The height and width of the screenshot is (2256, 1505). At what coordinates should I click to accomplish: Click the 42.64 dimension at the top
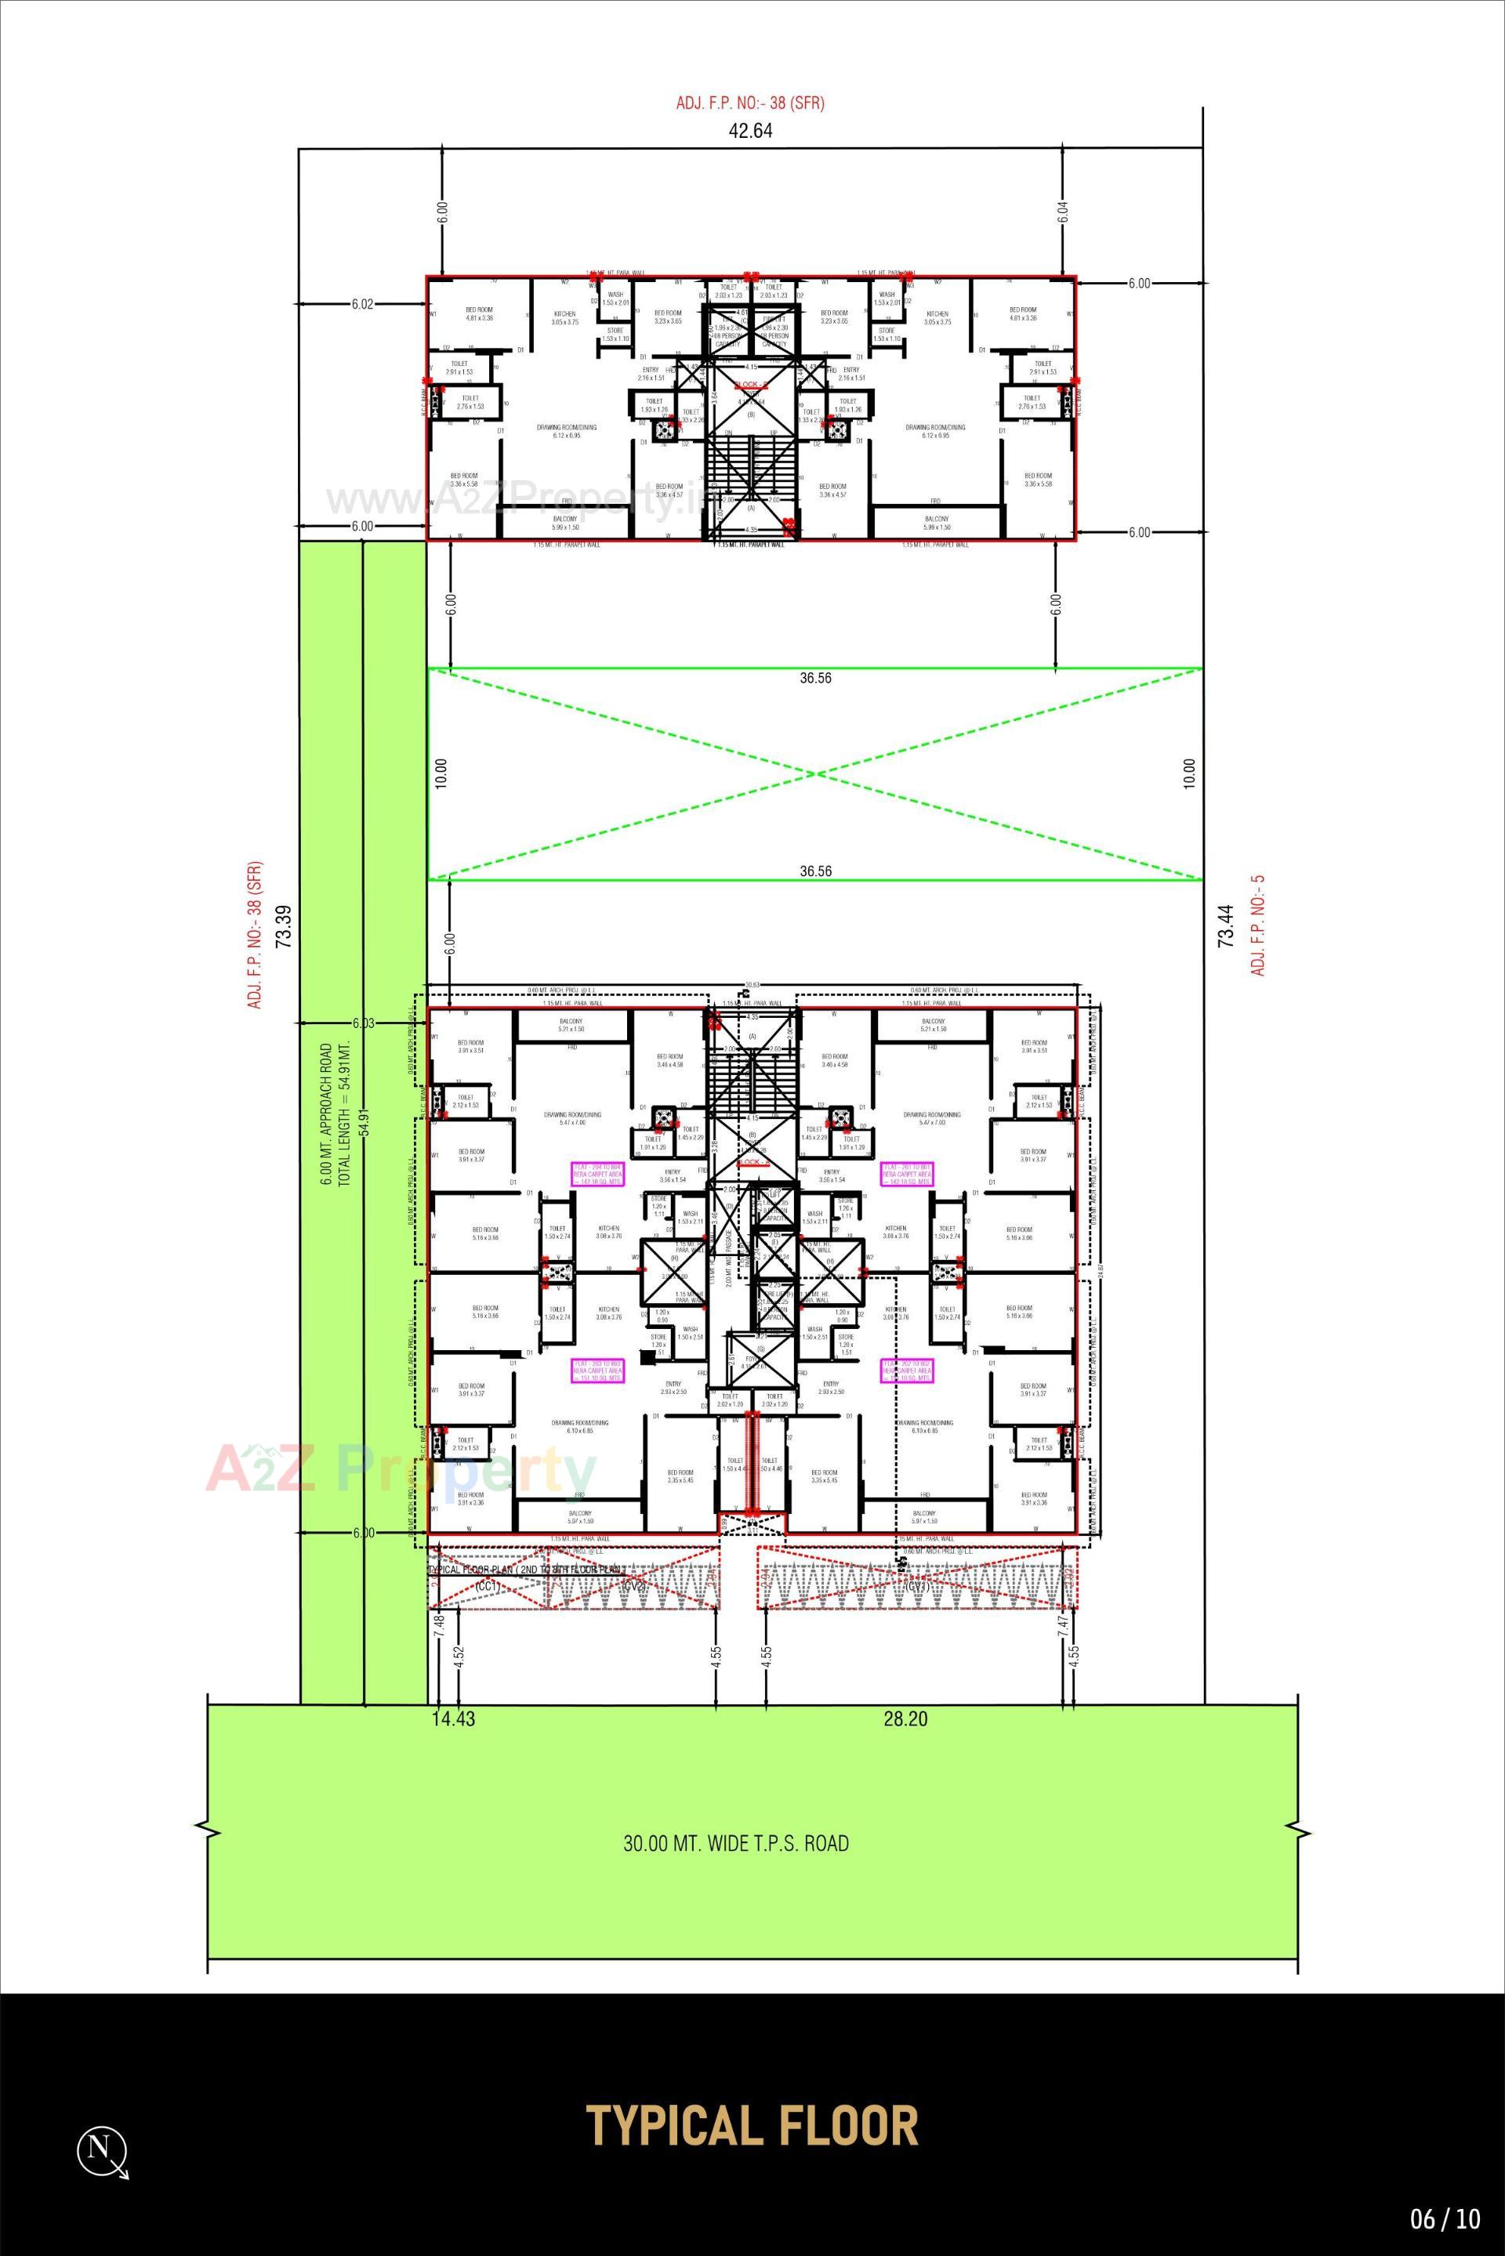click(x=751, y=132)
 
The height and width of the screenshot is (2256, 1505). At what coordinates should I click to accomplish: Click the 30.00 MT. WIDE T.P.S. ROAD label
click(x=736, y=1843)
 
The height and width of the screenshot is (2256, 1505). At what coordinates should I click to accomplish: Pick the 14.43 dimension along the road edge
click(x=453, y=1718)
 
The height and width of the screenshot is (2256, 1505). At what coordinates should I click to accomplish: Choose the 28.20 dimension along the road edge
click(x=905, y=1718)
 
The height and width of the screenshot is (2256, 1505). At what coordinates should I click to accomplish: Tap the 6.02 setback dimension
click(x=362, y=305)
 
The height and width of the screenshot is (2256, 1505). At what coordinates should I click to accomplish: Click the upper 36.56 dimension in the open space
click(x=815, y=679)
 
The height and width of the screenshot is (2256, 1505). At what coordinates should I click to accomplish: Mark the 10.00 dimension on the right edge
click(x=1189, y=773)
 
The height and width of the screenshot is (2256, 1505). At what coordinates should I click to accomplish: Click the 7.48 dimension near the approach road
click(x=439, y=1624)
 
